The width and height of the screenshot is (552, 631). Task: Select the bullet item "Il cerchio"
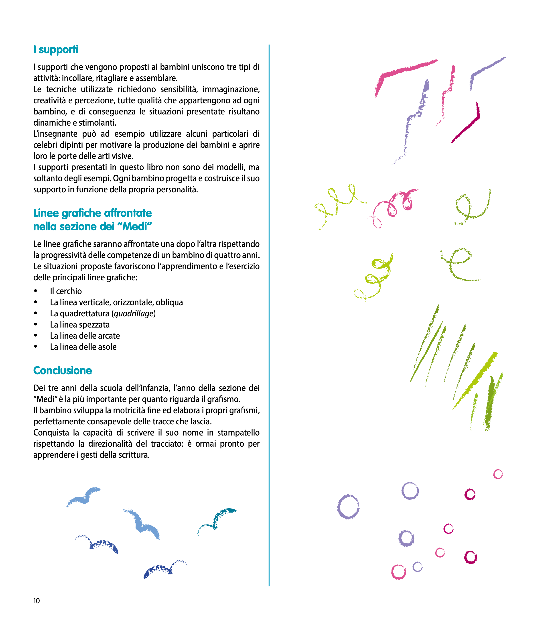(66, 291)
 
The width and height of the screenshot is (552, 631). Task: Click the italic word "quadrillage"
(133, 314)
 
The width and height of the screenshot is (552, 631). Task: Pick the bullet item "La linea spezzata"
(80, 325)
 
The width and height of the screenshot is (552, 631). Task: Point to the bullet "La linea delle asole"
(83, 347)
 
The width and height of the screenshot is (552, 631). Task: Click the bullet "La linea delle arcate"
(85, 336)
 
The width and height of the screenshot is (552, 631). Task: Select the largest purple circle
(348, 507)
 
